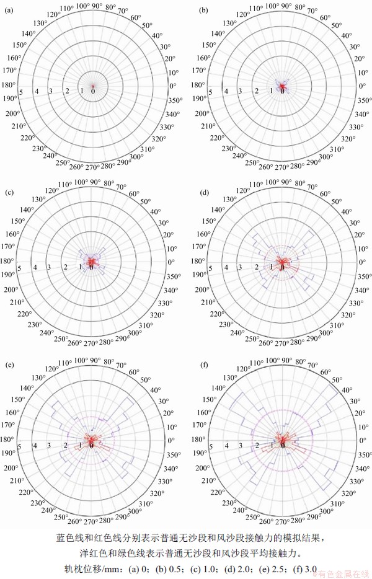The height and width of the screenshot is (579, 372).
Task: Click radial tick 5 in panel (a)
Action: (x=21, y=92)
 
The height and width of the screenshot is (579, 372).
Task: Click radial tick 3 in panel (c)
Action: (x=52, y=267)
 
